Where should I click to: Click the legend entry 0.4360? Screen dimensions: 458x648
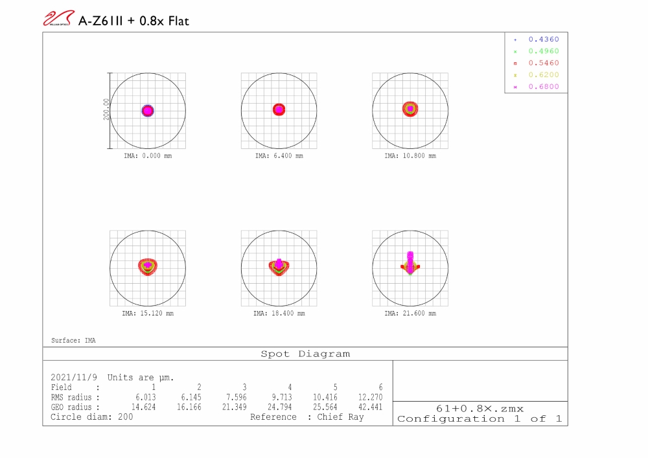(543, 40)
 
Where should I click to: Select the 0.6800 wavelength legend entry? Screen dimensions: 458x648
(543, 87)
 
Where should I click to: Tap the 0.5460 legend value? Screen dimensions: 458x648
(543, 63)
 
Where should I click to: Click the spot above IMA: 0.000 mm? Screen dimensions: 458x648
(148, 111)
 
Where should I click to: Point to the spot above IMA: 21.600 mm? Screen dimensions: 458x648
(410, 263)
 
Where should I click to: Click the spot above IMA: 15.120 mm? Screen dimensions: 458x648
(148, 266)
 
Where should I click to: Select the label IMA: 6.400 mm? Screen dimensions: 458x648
(279, 156)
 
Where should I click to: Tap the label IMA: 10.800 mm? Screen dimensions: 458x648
(410, 156)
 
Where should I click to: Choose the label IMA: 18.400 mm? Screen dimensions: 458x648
(279, 314)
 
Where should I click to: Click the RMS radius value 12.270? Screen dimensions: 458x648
(370, 397)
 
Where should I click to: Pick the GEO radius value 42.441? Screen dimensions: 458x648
(370, 407)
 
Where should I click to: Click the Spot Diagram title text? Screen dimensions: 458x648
(305, 354)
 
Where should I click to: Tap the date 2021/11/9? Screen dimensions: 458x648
(74, 377)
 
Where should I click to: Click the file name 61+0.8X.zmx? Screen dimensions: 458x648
(480, 408)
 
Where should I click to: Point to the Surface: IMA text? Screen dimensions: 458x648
(73, 340)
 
